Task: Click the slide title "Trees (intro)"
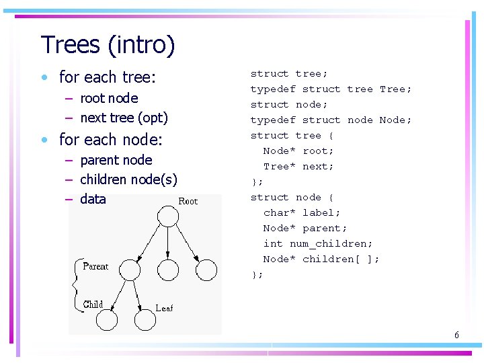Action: point(108,45)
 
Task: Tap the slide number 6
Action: point(456,335)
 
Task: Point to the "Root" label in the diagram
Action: point(188,201)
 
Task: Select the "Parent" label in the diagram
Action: point(95,266)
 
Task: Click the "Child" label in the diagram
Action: point(93,305)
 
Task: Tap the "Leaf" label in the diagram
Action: point(164,308)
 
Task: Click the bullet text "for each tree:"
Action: point(108,77)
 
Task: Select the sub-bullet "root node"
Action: point(109,98)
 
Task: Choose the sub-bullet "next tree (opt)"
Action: point(124,118)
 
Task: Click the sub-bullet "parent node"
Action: point(116,160)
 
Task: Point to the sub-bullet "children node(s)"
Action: point(128,179)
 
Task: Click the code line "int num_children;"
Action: point(317,243)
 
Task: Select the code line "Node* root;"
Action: point(298,151)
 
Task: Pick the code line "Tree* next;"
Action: point(298,166)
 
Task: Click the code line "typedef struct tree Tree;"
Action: point(331,89)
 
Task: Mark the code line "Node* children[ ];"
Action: point(321,259)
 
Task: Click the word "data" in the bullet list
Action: point(93,199)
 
